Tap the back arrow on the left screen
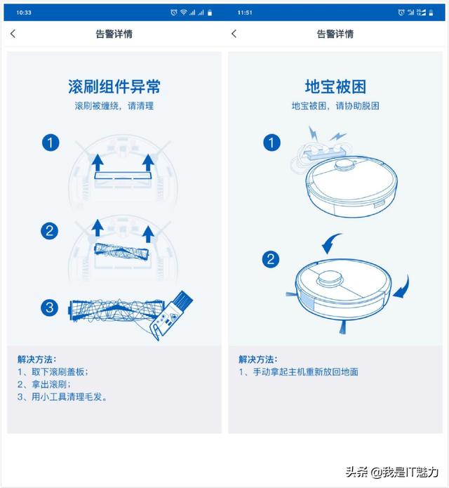click(13, 34)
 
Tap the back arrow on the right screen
click(234, 34)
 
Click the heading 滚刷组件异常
click(114, 86)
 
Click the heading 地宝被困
click(335, 86)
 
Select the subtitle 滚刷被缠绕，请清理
click(114, 106)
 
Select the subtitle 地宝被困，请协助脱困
click(335, 106)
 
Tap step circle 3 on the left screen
click(49, 308)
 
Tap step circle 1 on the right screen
click(272, 143)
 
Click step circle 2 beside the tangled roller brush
click(49, 231)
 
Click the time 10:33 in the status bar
click(24, 13)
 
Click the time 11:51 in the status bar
click(245, 13)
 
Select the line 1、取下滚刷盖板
click(53, 371)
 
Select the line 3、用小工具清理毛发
click(62, 397)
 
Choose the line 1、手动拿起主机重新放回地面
click(298, 371)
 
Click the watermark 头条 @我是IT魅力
click(392, 472)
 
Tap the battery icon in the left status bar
click(210, 13)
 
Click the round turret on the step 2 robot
click(330, 277)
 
